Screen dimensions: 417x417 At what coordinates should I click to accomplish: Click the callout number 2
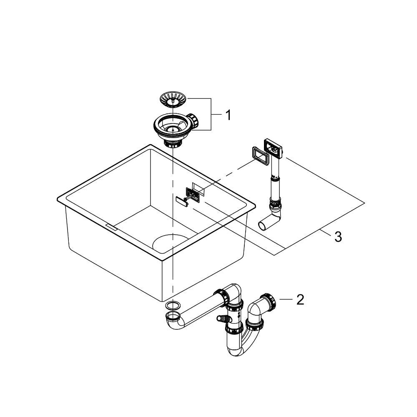(x=300, y=300)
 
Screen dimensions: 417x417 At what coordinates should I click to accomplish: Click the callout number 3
(x=338, y=237)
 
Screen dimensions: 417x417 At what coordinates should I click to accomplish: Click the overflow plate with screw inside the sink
(x=193, y=194)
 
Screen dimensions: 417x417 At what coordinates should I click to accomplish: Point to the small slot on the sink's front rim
(x=112, y=226)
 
